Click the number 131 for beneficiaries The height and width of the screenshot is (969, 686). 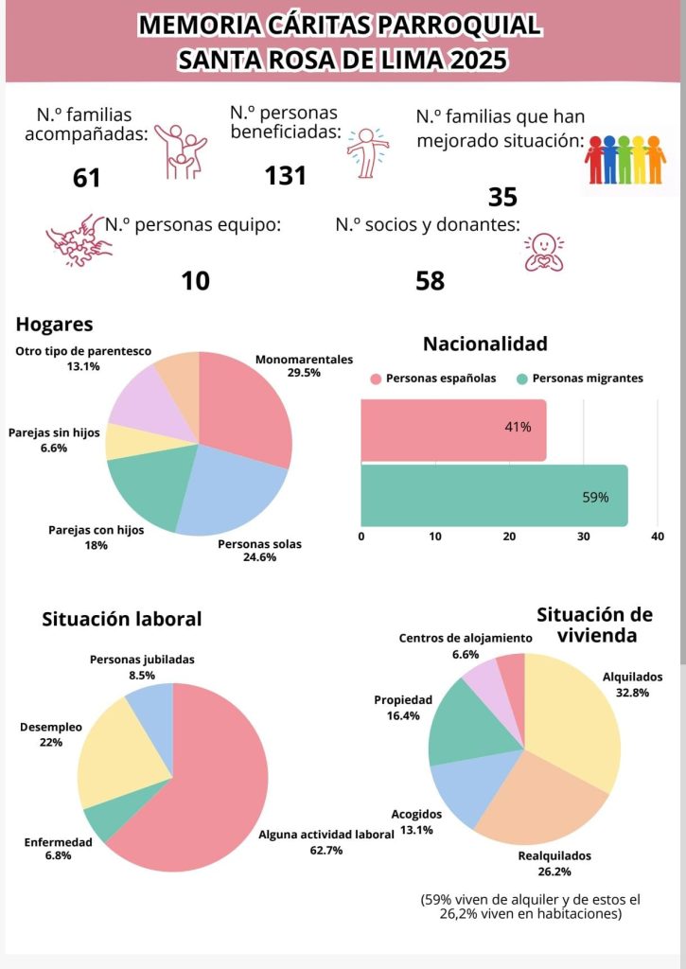click(286, 175)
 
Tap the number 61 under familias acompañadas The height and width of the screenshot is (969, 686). click(86, 178)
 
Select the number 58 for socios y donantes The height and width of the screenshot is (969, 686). click(431, 281)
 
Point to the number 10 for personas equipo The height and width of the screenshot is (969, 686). click(195, 281)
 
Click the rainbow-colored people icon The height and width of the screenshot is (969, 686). click(624, 159)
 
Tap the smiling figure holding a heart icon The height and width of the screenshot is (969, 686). click(544, 252)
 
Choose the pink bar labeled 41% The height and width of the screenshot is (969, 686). click(453, 431)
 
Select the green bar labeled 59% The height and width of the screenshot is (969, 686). click(495, 496)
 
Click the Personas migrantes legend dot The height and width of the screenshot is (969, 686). click(522, 379)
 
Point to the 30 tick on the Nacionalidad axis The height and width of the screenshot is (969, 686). click(584, 537)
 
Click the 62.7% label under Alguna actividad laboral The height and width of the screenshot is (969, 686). click(326, 851)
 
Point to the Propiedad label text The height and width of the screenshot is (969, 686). click(403, 700)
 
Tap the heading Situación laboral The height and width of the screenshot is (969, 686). click(122, 619)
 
